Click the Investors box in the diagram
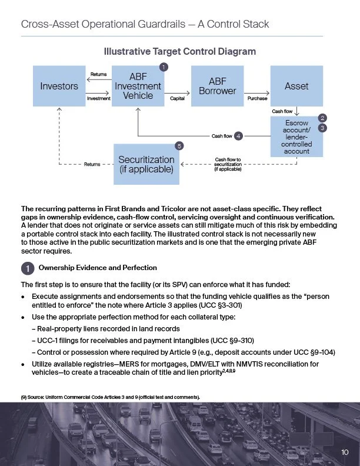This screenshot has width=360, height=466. tap(59, 86)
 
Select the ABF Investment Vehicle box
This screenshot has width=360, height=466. tap(138, 86)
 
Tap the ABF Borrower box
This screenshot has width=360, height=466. tap(218, 86)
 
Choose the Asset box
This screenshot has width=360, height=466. tap(296, 86)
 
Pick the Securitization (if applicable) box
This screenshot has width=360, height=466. tap(146, 164)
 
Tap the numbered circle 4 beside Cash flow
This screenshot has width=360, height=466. tap(238, 137)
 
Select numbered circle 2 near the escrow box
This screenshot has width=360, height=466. tap(322, 118)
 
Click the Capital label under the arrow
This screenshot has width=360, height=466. tap(178, 99)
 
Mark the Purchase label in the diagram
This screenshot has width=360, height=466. tap(257, 99)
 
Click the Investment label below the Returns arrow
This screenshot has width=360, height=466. tap(98, 99)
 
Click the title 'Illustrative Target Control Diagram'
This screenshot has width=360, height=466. tap(180, 52)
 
